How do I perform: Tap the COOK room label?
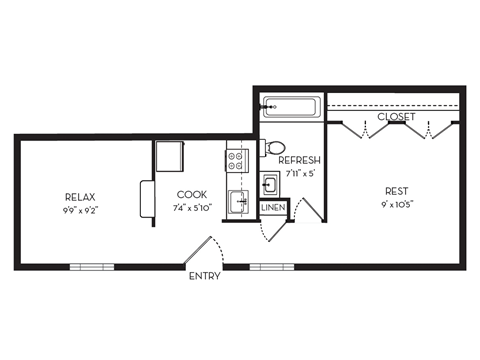coord(192,195)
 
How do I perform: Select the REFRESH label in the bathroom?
coord(299,161)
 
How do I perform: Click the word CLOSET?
coord(397,117)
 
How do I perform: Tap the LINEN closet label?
coord(272,209)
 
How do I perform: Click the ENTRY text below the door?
coord(205,276)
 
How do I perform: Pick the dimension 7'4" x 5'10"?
coord(192,208)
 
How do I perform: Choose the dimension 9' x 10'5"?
coord(398,205)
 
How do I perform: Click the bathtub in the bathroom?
coord(290,107)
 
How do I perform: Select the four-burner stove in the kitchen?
coord(237,158)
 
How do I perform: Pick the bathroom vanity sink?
coord(270,184)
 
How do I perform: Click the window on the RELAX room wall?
coord(91,267)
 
